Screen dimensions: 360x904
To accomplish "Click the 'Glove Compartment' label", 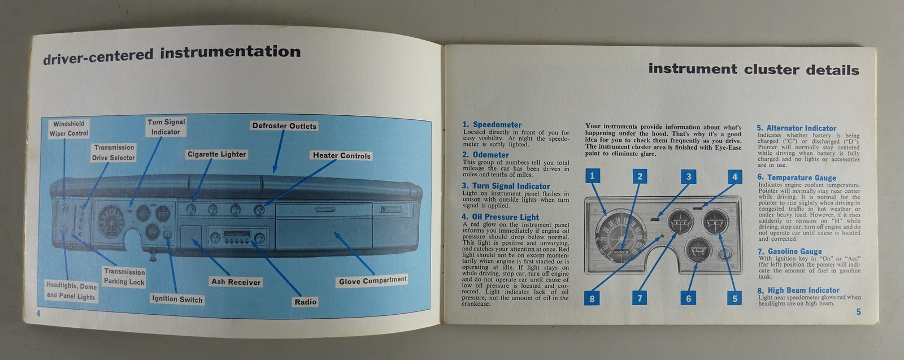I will (372, 280).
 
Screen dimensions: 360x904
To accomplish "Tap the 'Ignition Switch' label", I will (177, 300).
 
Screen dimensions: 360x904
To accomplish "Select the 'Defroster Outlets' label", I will (284, 126).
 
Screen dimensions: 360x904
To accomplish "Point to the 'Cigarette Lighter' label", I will (217, 154).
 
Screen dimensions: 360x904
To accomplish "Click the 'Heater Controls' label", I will (342, 155).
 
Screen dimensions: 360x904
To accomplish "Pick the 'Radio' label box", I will (306, 302).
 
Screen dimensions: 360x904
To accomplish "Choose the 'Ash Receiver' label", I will (236, 281).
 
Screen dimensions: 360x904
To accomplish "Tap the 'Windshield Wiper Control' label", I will (69, 129).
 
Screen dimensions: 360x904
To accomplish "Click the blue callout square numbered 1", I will (592, 176).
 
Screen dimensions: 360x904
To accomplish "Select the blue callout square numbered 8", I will (592, 298).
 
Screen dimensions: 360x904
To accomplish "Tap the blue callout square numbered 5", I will (734, 298).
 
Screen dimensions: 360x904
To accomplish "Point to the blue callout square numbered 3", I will (688, 177).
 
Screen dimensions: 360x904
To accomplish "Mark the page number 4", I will (38, 314).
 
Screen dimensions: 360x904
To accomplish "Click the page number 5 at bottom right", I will (858, 312).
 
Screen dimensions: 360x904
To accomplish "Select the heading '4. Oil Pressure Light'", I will (500, 217).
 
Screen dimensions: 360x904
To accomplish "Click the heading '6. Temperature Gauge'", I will (797, 177).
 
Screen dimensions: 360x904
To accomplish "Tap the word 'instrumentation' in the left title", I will (231, 53).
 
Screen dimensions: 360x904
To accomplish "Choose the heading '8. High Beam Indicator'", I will (798, 290).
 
